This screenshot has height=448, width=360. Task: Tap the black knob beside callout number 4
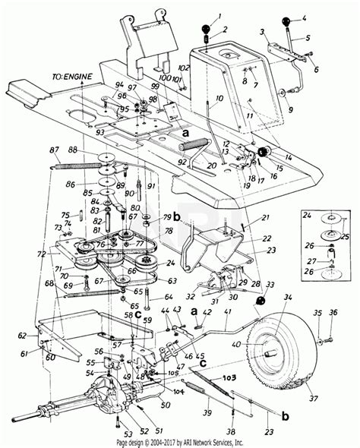point(288,21)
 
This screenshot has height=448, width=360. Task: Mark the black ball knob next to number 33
point(261,302)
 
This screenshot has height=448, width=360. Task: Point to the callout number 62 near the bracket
point(22,335)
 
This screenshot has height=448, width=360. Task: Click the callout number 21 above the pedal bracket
point(245,218)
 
